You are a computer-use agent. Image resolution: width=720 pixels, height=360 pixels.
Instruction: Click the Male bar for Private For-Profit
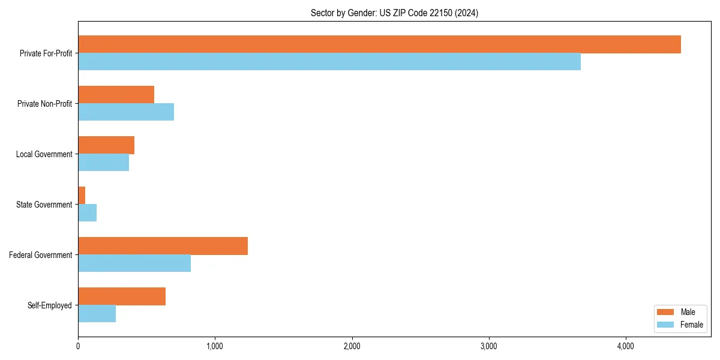(x=379, y=44)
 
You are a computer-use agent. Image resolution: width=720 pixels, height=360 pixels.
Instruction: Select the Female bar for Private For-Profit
(x=329, y=62)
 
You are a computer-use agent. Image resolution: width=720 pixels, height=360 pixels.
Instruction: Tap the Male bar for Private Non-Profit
(x=116, y=95)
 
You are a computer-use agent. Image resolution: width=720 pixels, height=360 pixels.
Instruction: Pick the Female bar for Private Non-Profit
(x=126, y=112)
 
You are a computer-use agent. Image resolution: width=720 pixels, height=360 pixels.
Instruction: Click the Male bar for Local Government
(x=106, y=145)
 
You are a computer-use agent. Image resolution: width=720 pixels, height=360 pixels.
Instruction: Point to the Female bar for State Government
(x=87, y=213)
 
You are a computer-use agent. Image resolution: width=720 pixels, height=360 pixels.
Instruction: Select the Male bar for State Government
(x=82, y=196)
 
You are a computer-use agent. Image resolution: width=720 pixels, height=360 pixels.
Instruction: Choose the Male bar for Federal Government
(x=163, y=246)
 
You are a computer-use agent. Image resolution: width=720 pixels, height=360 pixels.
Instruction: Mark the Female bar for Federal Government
(x=134, y=263)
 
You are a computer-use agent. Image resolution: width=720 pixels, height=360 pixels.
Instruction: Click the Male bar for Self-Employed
(x=122, y=296)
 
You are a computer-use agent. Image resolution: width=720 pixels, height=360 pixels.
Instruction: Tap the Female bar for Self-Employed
(x=97, y=314)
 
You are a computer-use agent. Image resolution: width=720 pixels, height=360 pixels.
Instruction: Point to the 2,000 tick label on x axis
(x=352, y=346)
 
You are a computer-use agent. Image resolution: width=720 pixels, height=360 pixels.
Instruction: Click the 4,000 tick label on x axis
(x=626, y=346)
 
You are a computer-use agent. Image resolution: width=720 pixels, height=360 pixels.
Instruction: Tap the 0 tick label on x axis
(x=78, y=346)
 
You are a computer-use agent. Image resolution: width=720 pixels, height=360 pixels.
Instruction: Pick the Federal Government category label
(x=41, y=255)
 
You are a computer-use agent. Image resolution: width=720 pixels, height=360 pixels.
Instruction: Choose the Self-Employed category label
(x=50, y=305)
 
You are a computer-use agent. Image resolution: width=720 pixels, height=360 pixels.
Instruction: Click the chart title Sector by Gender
(x=394, y=13)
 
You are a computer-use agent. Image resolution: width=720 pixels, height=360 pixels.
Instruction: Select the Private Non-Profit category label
(x=44, y=104)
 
